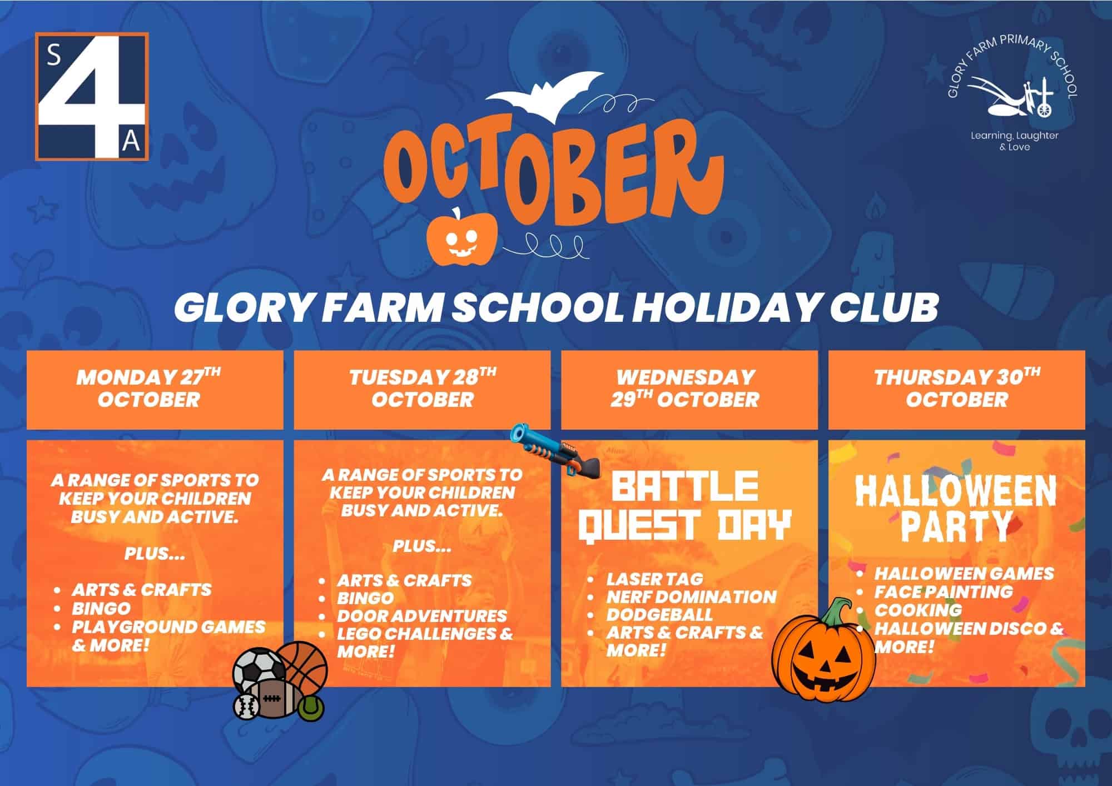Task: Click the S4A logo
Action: pyautogui.click(x=92, y=96)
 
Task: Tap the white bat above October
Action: pyautogui.click(x=544, y=98)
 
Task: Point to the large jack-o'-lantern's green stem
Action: pyautogui.click(x=834, y=614)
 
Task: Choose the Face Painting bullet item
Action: pyautogui.click(x=944, y=591)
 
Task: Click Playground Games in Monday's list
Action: pyautogui.click(x=168, y=626)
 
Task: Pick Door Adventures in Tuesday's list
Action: pyautogui.click(x=422, y=615)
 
